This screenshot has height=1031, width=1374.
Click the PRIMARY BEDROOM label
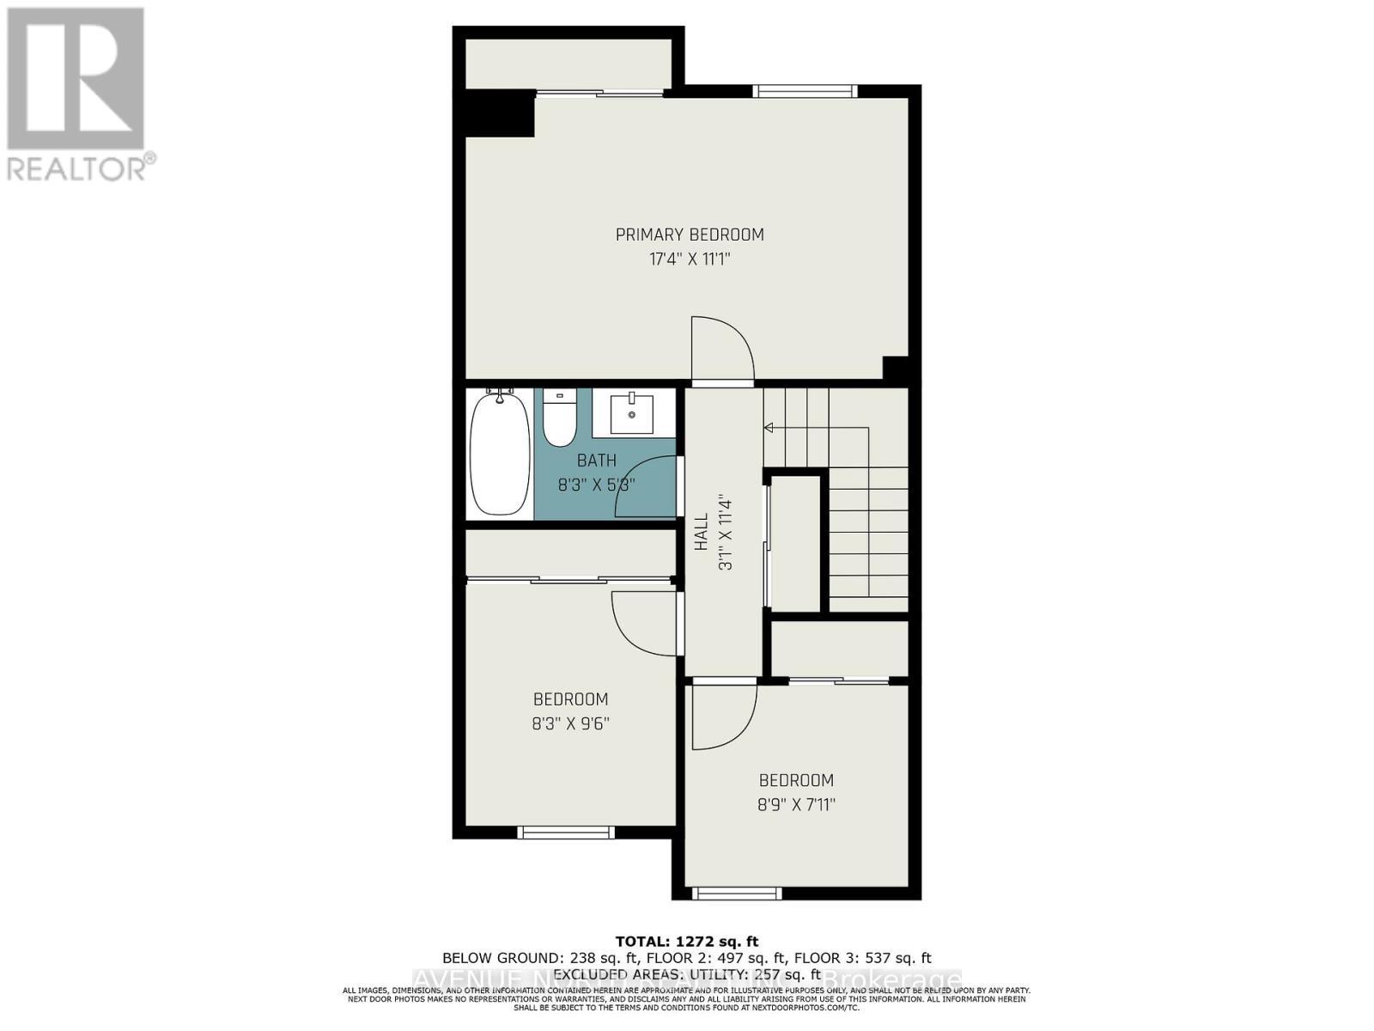pos(690,235)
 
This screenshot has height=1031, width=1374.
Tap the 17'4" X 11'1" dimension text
pos(690,259)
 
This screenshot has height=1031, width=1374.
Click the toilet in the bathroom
pos(560,418)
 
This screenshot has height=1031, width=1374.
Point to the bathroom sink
pos(632,414)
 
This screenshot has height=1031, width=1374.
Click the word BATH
pos(596,461)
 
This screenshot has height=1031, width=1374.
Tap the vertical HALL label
pos(702,532)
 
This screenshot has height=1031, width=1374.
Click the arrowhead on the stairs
pos(769,427)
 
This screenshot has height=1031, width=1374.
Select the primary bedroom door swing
pos(721,348)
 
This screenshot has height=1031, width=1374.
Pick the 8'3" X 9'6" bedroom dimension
pos(570,723)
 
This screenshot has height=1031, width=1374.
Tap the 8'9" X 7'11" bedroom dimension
pos(796,805)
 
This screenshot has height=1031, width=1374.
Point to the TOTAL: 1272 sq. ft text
pos(687,942)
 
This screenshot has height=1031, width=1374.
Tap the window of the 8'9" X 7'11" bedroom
pos(737,894)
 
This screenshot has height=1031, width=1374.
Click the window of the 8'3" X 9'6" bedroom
pos(566,832)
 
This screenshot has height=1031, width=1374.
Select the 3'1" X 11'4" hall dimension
pos(726,532)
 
